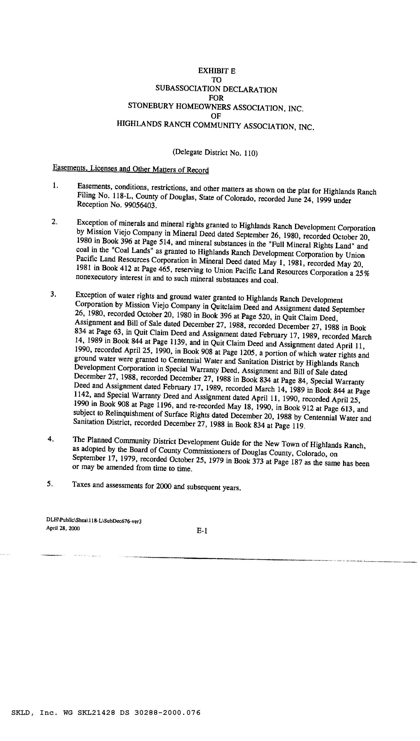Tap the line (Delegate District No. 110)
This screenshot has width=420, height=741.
click(215, 152)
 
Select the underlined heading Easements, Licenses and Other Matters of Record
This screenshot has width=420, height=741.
click(130, 169)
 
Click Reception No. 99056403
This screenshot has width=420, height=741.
click(117, 205)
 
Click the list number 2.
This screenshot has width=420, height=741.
click(54, 222)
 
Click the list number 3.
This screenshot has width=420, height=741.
click(53, 294)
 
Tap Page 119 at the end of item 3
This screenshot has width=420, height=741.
click(289, 425)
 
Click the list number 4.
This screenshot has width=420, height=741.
click(51, 439)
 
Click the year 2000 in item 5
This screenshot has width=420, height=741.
click(164, 486)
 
